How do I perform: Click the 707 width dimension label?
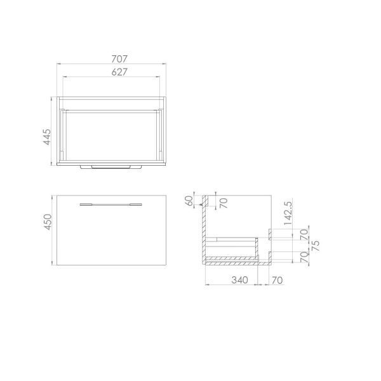[x=119, y=59]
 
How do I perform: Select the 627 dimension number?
[x=119, y=72]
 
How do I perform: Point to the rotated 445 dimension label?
[x=48, y=137]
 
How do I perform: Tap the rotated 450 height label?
[x=48, y=222]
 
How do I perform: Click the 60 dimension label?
[x=189, y=201]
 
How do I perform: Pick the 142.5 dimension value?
[x=288, y=213]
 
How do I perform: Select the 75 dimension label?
[x=315, y=246]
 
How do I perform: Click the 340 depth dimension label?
[x=240, y=280]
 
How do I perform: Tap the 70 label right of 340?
[x=277, y=280]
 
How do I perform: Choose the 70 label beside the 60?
[x=224, y=203]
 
